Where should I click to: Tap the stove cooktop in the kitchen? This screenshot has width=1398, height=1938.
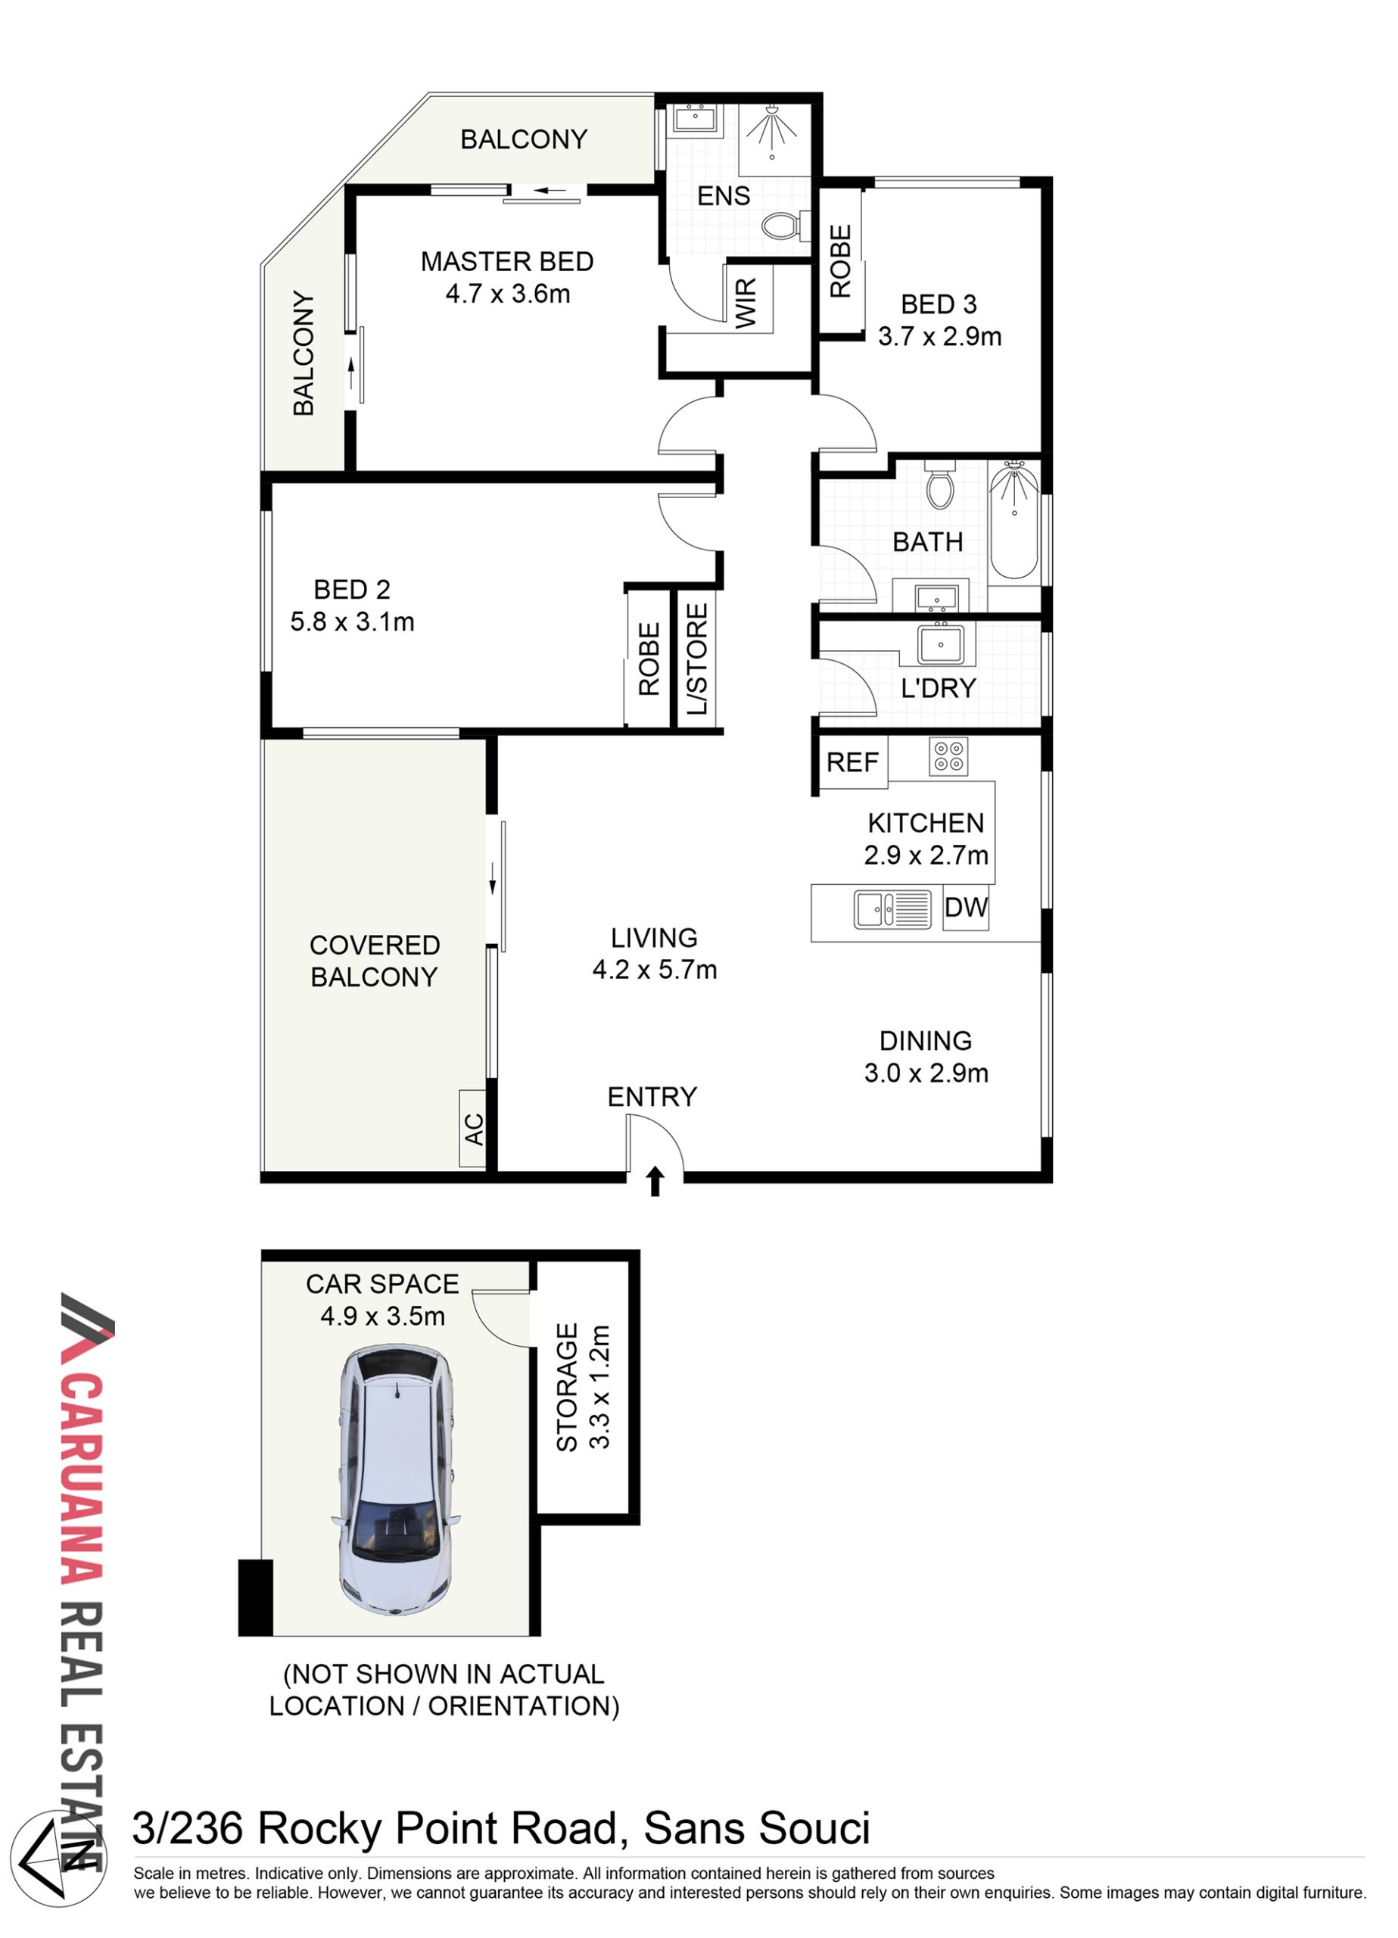948,756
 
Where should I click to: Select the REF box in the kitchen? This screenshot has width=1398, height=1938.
853,762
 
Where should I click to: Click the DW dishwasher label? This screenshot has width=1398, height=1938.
966,907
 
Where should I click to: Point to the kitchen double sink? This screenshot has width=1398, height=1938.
892,909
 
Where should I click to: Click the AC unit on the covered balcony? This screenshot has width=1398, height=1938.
473,1128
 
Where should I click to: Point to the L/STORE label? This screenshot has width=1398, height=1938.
697,659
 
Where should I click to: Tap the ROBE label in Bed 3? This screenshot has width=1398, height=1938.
841,260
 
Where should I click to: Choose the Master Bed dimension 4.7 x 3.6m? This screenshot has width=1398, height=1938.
508,294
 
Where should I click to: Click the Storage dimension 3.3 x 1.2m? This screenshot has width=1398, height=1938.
600,1387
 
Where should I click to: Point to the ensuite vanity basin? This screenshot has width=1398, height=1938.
697,118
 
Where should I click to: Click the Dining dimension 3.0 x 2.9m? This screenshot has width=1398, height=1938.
926,1073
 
